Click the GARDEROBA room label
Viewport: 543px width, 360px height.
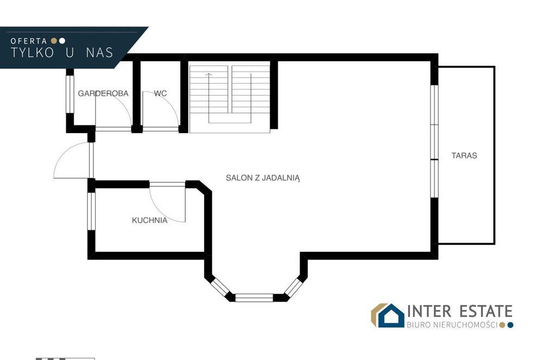click(103, 93)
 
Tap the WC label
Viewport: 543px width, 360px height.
click(160, 93)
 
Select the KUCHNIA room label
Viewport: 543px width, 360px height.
click(150, 220)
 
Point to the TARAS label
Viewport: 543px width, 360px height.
click(464, 155)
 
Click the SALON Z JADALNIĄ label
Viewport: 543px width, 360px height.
click(263, 178)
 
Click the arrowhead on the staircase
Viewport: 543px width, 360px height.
click(209, 74)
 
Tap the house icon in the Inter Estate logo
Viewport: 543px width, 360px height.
click(391, 315)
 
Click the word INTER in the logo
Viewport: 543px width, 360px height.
click(429, 311)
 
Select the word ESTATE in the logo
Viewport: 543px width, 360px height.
click(486, 311)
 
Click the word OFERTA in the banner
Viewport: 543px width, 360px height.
click(29, 41)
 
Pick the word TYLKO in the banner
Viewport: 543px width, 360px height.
click(32, 53)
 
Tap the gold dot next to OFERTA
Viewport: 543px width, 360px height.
click(54, 41)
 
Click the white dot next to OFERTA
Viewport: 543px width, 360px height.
click(62, 41)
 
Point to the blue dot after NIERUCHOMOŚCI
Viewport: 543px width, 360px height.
click(510, 325)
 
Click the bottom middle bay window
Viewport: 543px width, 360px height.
click(254, 298)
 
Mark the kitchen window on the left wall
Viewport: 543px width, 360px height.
click(91, 211)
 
